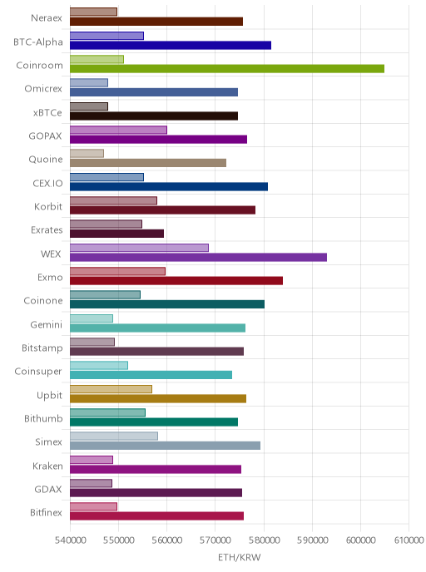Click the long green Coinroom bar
227,68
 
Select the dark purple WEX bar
198,257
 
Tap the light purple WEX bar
139,248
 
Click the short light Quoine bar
87,153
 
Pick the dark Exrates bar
116,234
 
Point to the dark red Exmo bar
176,280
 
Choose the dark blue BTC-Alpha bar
171,45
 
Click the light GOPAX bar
118,130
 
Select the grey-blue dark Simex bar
165,446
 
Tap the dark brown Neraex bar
156,22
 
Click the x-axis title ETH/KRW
240,557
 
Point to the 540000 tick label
70,540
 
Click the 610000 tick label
409,540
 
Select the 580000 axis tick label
264,540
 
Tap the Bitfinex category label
46,512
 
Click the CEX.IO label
47,183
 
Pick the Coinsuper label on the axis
38,372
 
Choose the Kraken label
47,466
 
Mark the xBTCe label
47,113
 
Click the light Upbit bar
111,389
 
